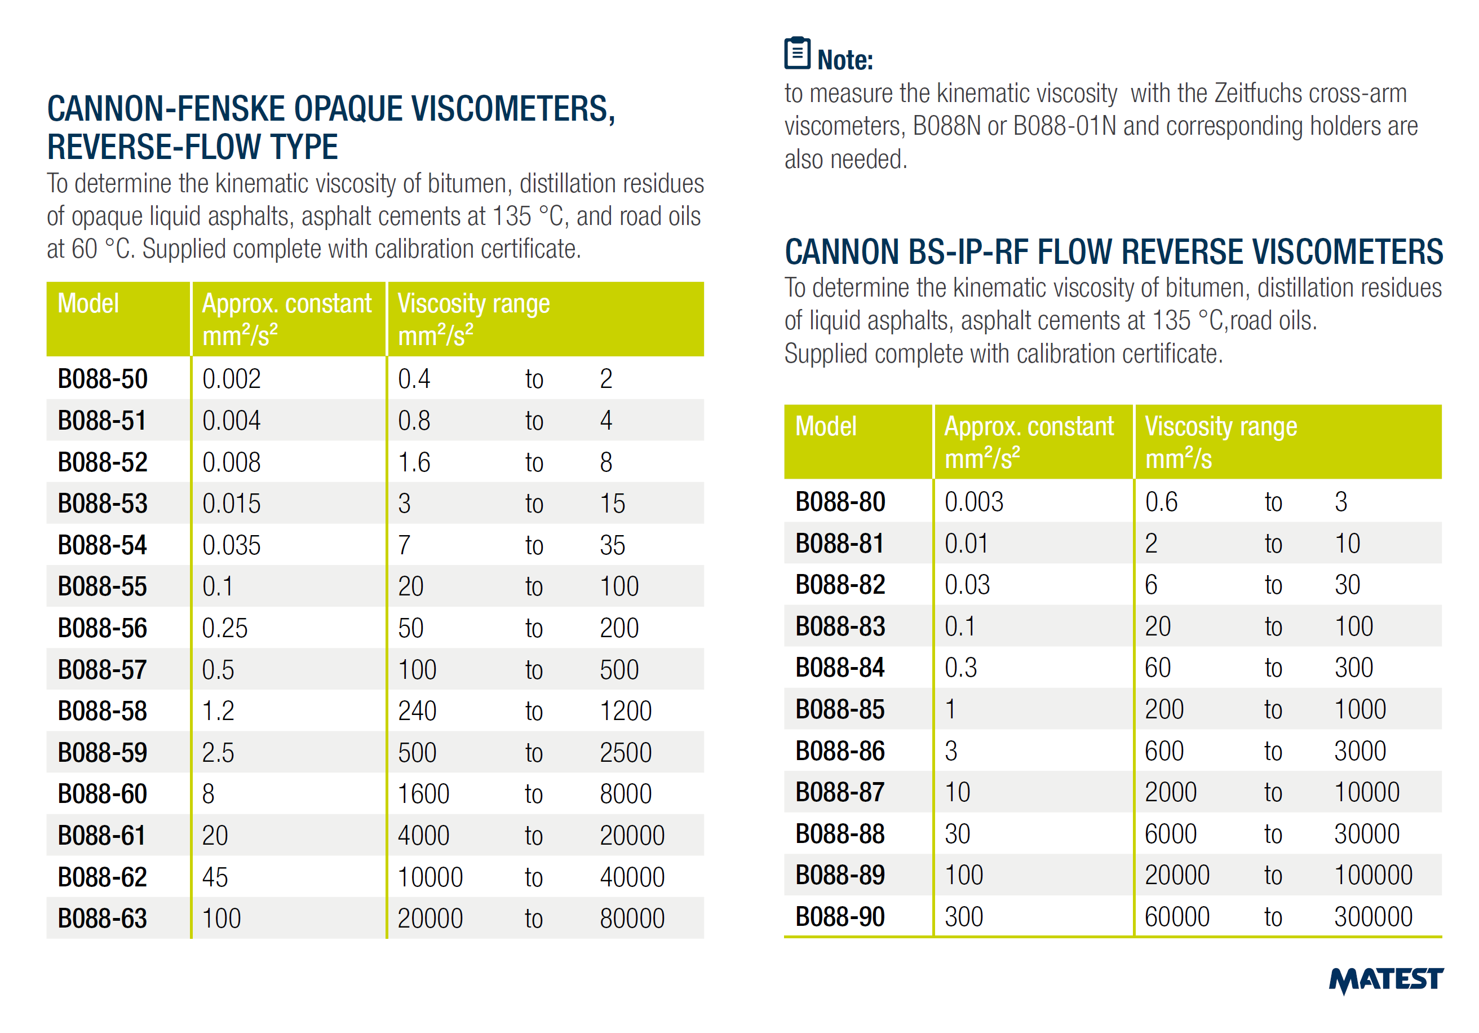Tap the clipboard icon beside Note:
coord(797,54)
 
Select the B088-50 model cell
coord(103,379)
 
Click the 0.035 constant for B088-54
coord(231,545)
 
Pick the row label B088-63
coord(103,919)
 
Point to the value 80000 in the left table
coord(632,919)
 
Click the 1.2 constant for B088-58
coord(218,711)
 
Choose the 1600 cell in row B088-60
coord(423,794)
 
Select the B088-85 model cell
coord(840,709)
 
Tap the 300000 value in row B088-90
coord(1372,917)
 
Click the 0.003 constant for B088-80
coord(973,502)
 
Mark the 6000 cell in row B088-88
coord(1171,834)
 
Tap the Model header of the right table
coord(826,427)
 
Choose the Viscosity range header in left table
coord(473,303)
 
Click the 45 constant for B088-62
coord(215,877)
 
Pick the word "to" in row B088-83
coord(1273,626)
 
